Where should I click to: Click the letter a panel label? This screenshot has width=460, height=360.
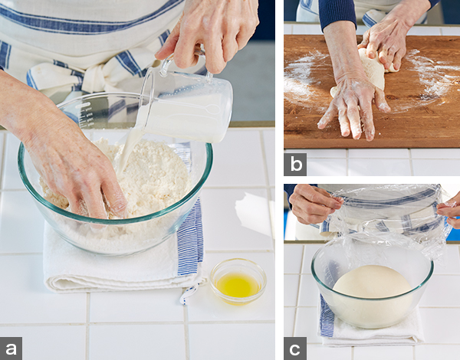11,349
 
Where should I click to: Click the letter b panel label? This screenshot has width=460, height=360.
295,164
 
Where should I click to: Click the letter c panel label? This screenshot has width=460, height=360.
295,349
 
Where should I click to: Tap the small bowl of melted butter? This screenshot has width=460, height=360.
238,281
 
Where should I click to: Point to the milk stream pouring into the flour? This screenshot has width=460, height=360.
128,152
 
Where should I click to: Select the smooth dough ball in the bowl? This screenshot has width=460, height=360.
373,296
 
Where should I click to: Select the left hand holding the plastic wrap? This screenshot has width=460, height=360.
314,202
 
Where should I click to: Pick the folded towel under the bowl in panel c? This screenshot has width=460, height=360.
371,329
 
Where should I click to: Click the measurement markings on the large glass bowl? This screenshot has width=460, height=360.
86,114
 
